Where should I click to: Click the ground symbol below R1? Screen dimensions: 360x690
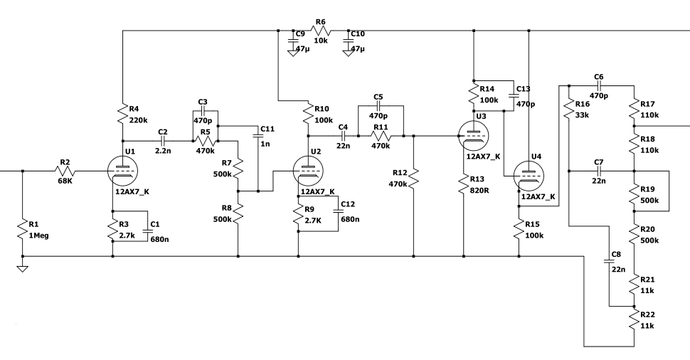23,269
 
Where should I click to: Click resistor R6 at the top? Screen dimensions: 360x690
320,31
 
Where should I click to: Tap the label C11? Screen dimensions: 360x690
267,129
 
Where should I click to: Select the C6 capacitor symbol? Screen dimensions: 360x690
598,86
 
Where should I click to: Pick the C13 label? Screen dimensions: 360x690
524,89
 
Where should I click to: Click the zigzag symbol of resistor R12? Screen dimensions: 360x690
414,179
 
